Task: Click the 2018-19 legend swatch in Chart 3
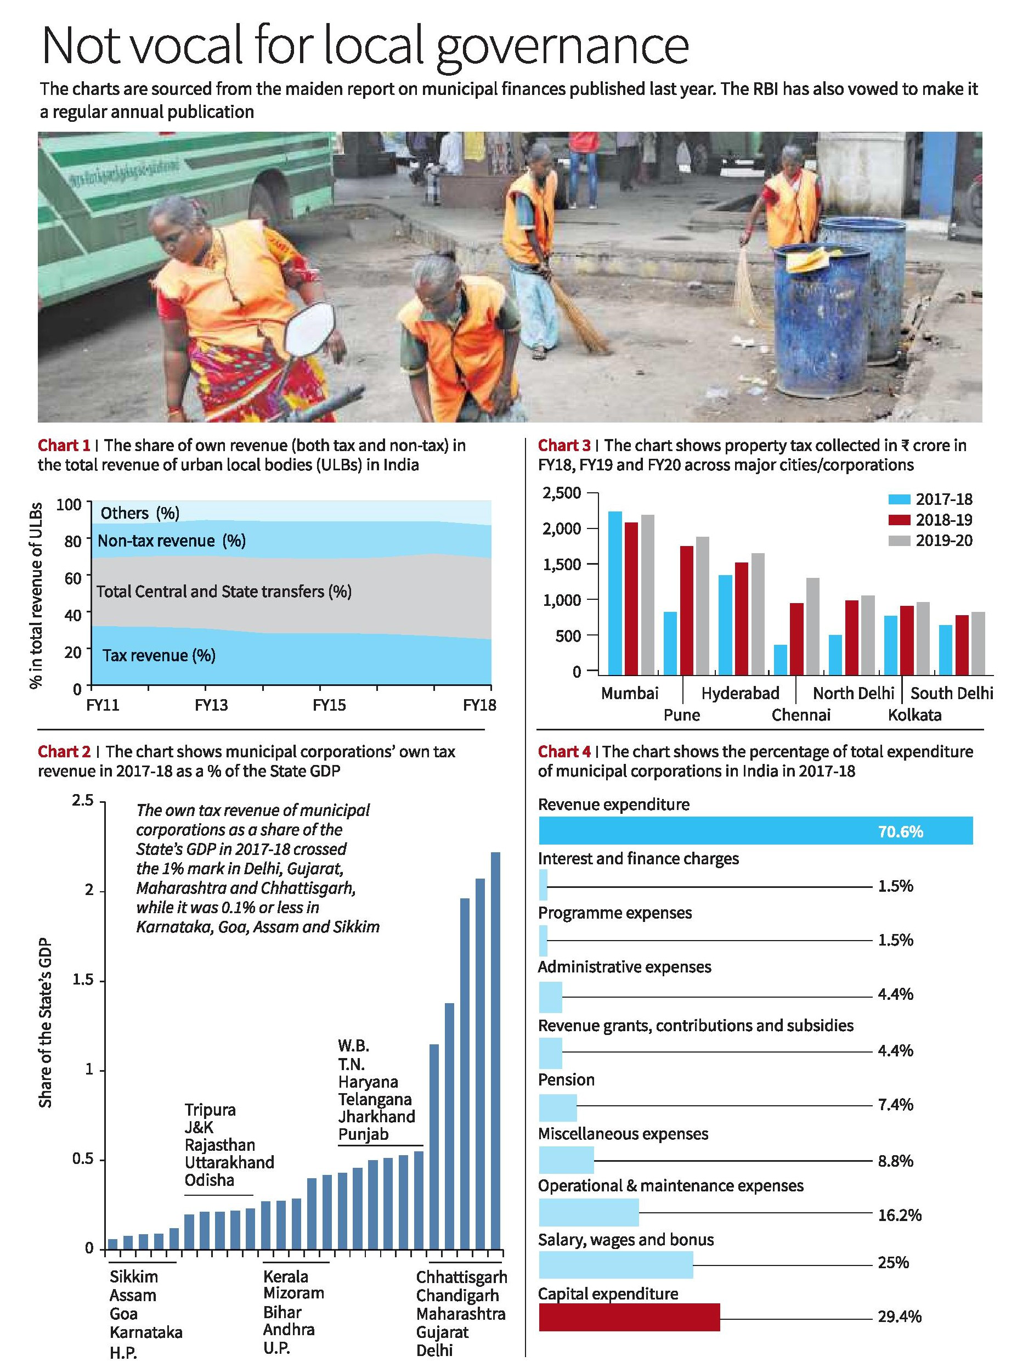coord(899,520)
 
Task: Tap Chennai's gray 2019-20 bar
coord(812,626)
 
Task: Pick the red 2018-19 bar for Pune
coord(686,610)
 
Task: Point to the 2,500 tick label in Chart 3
coord(562,493)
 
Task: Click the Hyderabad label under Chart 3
coord(740,693)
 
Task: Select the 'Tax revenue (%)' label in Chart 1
coord(159,655)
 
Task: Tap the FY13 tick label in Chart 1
coord(211,705)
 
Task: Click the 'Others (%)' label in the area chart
coord(140,513)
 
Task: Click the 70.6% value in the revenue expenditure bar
coord(900,832)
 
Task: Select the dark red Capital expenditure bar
coord(629,1317)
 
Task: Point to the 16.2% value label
coord(900,1215)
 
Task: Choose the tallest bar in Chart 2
coord(495,1050)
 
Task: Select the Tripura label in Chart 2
coord(210,1110)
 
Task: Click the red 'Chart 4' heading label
coord(564,751)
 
